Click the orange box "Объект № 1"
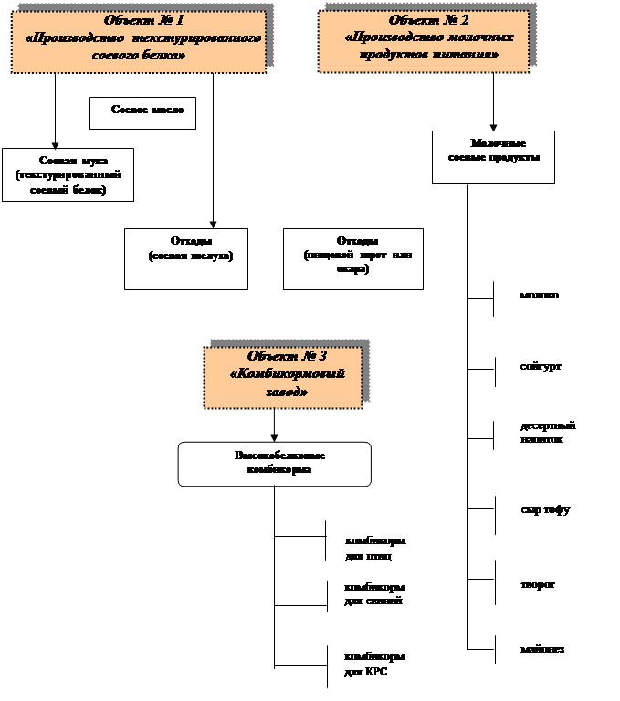point(138,41)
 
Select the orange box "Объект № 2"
point(423,41)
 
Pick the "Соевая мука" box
point(68,173)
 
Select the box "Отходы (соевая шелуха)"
point(186,258)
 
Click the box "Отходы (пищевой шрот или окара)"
point(352,258)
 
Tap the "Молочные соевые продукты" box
point(494,157)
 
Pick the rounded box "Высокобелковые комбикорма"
point(274,464)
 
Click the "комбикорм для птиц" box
point(378,547)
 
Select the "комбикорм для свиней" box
point(378,600)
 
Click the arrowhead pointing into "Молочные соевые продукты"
point(494,127)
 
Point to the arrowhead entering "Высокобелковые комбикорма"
point(274,437)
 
